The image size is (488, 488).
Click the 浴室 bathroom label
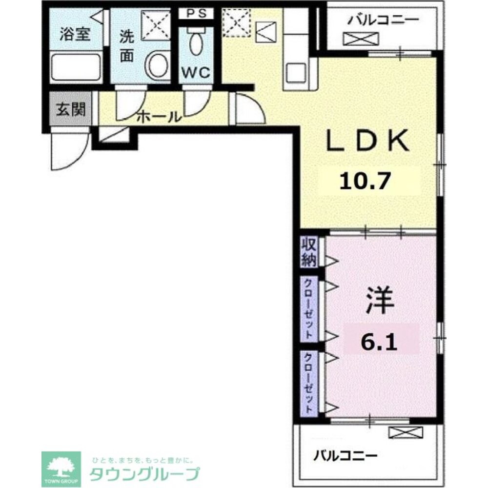(74, 35)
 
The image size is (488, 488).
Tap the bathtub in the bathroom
(76, 68)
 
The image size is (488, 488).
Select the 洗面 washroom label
(127, 46)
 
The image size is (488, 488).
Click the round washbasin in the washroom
(157, 66)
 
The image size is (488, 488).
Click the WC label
(196, 73)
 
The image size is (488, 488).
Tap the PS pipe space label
(196, 14)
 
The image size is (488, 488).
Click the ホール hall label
(159, 117)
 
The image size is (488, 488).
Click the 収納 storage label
(308, 252)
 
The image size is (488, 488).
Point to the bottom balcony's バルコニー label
(346, 456)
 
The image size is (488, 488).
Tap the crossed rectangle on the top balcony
(361, 38)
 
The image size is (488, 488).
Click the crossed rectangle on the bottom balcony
(406, 431)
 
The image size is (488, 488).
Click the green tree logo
(61, 467)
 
